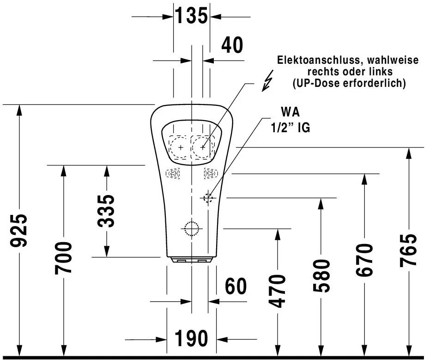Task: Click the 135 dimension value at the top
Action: click(191, 16)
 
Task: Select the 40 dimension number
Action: click(232, 45)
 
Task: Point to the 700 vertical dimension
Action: click(64, 257)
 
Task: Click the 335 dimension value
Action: click(107, 211)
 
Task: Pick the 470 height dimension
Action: click(277, 291)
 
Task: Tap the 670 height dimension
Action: click(364, 260)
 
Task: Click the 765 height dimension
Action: click(408, 250)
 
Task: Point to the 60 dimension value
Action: click(236, 287)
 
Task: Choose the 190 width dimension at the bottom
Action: click(191, 339)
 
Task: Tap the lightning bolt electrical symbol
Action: click(267, 80)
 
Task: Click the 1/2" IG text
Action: click(290, 128)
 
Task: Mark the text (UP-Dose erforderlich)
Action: click(349, 83)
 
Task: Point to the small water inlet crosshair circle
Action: click(208, 198)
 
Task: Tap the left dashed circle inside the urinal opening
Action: click(180, 147)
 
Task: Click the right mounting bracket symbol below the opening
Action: click(210, 173)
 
